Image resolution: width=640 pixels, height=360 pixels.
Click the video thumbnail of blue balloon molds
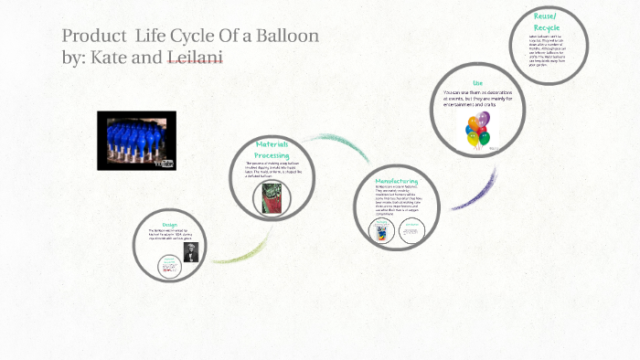click(136, 140)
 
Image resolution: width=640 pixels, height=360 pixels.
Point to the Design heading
click(168, 225)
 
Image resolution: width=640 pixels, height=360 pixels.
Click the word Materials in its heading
click(272, 145)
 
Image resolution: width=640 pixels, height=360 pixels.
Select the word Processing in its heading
click(272, 156)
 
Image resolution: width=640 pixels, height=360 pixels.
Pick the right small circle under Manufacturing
click(413, 229)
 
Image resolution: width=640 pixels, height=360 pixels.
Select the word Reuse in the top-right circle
click(546, 16)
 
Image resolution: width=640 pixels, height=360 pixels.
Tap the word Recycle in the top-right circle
click(546, 27)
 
